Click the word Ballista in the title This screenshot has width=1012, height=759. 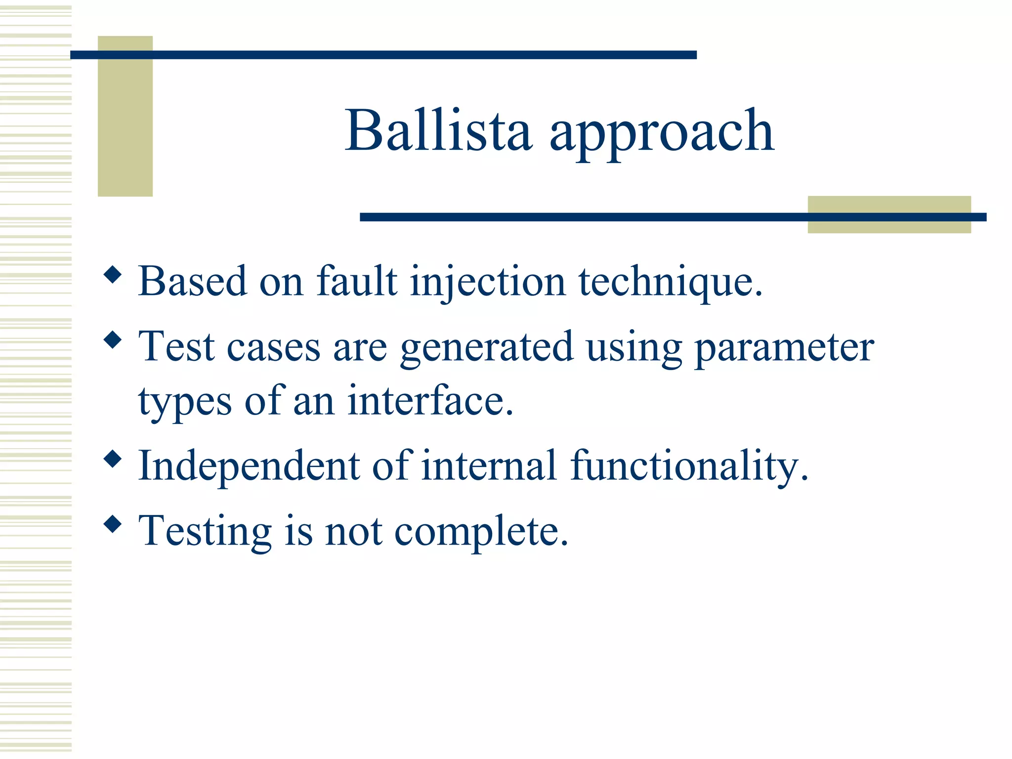coord(438,131)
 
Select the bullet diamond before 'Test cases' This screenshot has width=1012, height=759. coord(113,340)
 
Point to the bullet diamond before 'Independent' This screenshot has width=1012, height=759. coord(113,459)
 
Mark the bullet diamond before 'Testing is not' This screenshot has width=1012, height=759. coord(113,524)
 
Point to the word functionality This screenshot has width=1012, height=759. coord(689,466)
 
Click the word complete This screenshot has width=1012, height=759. coord(481,532)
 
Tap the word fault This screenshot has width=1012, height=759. coord(357,282)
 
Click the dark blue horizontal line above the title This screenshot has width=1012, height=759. coord(383,55)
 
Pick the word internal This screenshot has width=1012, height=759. coord(489,466)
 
